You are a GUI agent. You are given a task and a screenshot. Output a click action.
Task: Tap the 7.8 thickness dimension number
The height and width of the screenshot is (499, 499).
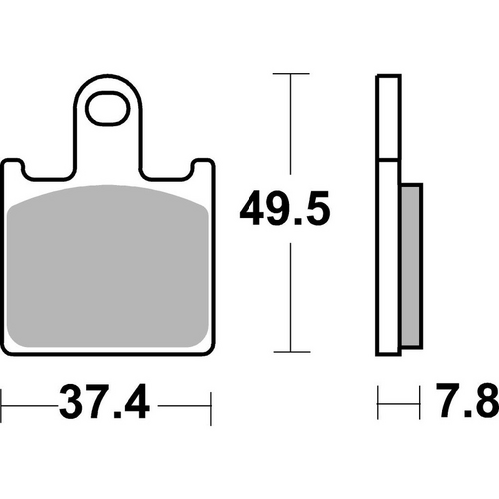point(467,406)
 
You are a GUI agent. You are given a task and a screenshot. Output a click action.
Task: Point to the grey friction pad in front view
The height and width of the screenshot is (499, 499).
point(110,269)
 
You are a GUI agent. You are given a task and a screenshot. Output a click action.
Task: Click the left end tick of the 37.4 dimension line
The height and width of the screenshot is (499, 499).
point(2,406)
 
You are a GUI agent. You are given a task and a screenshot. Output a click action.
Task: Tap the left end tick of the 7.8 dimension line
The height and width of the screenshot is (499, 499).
point(379,406)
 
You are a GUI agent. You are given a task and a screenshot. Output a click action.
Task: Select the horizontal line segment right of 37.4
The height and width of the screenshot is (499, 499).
point(186,406)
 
